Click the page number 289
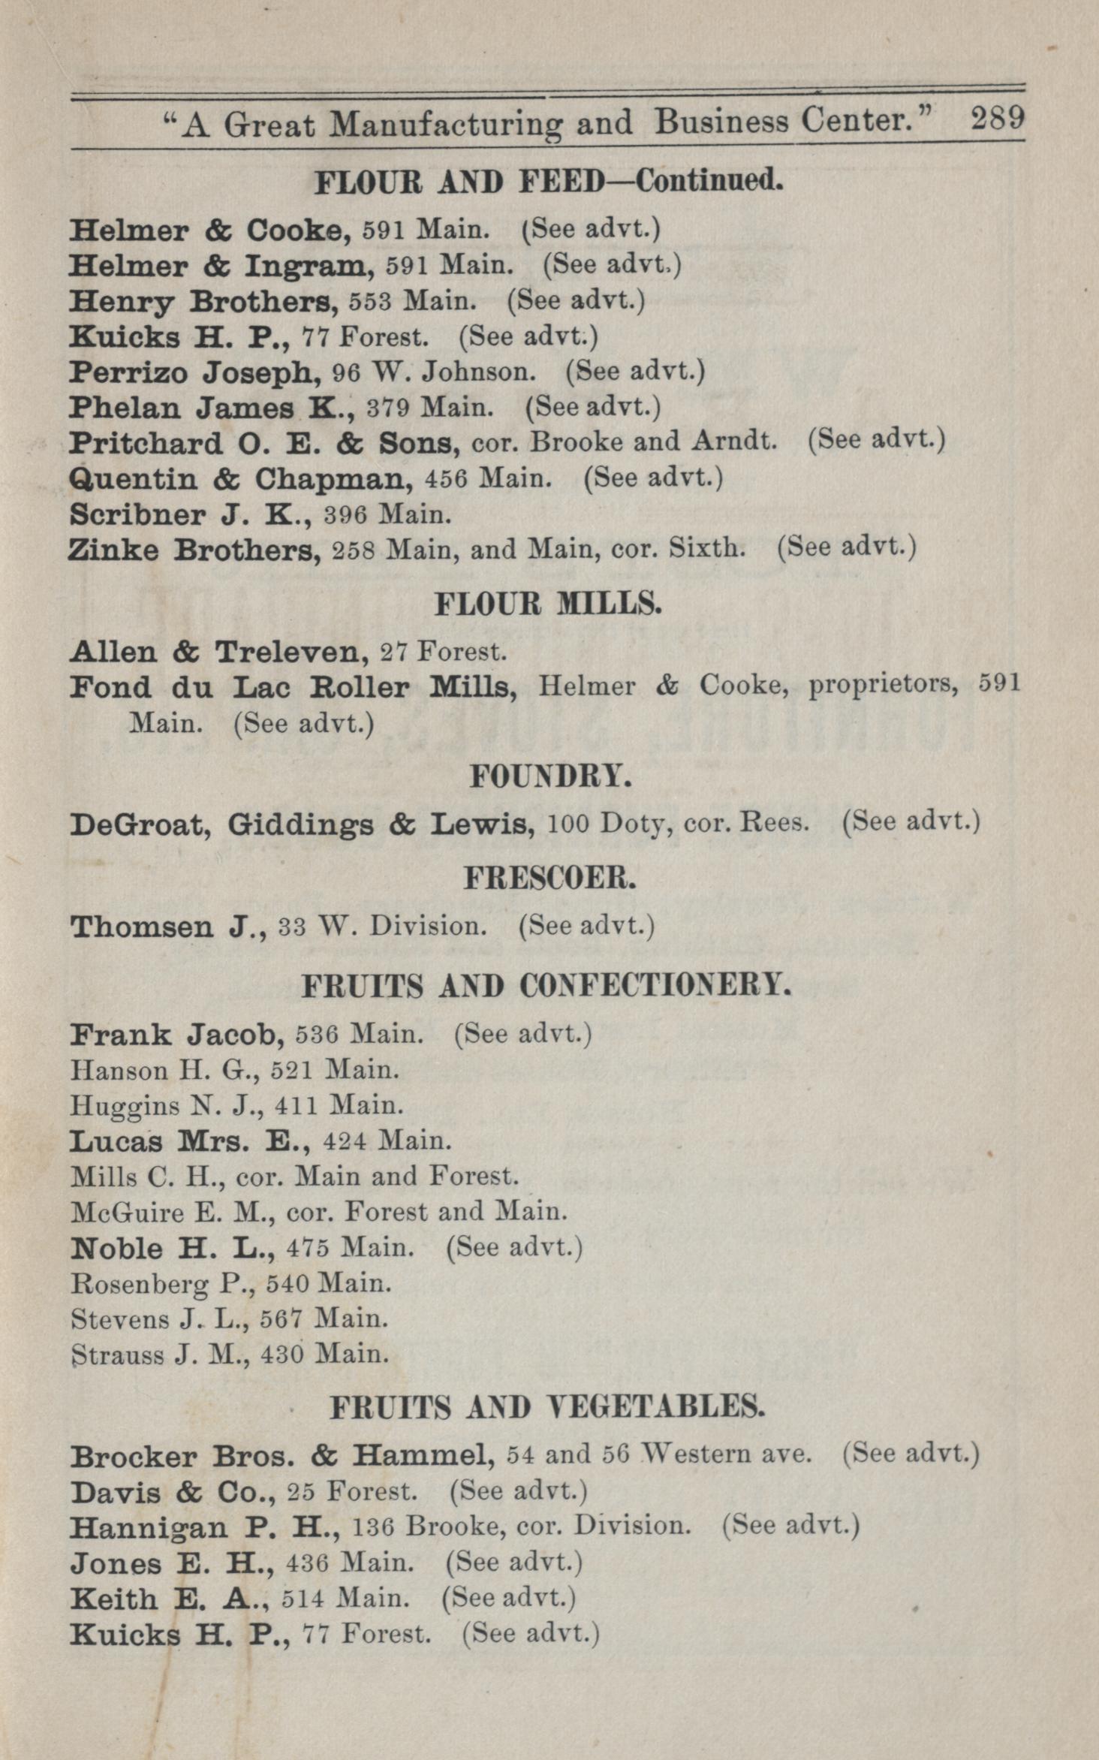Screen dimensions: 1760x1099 pos(997,119)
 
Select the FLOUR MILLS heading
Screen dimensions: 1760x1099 pos(548,604)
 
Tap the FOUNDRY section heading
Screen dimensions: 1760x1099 pos(550,776)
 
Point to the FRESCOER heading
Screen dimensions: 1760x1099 pos(550,878)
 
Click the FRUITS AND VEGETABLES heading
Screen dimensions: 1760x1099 pos(547,1407)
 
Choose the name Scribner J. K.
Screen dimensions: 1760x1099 pos(190,515)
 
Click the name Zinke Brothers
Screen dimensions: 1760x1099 pos(194,550)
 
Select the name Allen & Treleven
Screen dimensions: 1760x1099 pos(218,652)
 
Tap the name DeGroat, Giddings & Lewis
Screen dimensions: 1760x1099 pos(302,825)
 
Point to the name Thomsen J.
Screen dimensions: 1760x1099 pos(169,927)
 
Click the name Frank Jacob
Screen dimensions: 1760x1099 pos(176,1036)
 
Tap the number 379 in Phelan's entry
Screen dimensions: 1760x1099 pos(388,408)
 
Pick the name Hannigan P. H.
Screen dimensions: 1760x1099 pos(206,1526)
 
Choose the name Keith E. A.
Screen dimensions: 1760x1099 pos(169,1598)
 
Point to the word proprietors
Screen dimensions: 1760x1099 pos(882,686)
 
